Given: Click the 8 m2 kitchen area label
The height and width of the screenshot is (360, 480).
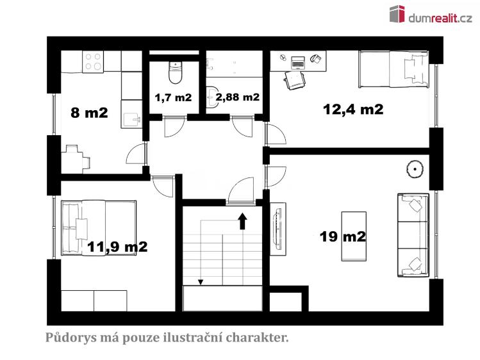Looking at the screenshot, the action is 89,113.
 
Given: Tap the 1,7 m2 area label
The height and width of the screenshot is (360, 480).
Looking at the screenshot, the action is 173,97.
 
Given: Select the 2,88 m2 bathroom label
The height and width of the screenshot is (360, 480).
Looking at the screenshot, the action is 238,97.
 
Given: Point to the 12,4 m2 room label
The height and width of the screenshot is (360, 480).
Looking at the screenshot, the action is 353,109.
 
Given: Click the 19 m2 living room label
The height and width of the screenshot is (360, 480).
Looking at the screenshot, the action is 343,236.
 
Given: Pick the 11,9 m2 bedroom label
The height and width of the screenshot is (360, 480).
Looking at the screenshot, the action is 117,247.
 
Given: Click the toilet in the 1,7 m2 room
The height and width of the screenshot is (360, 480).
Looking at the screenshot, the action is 176,72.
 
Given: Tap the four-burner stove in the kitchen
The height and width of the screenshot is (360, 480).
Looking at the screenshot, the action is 93,61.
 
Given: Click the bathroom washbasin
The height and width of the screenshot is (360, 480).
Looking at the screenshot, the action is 213,97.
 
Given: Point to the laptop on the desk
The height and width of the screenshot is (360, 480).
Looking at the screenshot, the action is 297,61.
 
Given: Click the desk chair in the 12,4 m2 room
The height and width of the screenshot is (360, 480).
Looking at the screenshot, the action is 294,81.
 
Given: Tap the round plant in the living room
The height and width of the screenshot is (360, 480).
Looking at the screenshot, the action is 415,169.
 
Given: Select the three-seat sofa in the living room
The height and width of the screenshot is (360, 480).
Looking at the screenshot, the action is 413,235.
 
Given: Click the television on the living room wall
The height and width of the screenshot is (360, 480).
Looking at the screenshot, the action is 278,229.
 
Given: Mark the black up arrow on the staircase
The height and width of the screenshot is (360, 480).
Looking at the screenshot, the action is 243,221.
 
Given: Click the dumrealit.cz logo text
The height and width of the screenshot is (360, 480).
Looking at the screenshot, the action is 440,19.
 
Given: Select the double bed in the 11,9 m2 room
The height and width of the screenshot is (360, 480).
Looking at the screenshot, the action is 99,228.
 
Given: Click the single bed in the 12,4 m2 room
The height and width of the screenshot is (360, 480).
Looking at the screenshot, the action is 393,69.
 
